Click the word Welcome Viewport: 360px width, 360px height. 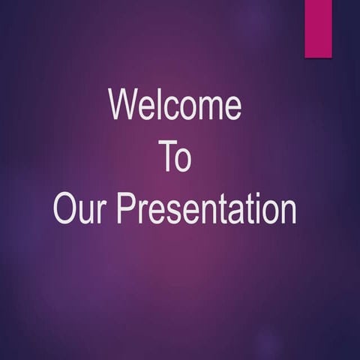(x=175, y=105)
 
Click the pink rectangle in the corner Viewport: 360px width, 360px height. (x=318, y=28)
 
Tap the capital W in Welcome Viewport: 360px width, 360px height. (x=124, y=105)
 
